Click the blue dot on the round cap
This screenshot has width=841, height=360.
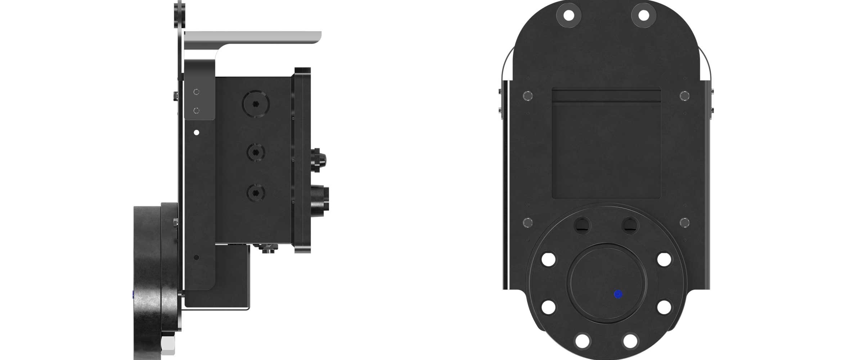[x=618, y=294]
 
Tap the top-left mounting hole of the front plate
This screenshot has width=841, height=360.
[x=568, y=15]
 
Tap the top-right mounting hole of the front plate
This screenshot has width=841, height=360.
[x=643, y=15]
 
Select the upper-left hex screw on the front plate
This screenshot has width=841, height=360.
[x=527, y=96]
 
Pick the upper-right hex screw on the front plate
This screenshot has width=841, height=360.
[x=684, y=96]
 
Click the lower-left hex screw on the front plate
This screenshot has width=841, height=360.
[x=527, y=223]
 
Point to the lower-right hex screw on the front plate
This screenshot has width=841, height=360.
[x=684, y=223]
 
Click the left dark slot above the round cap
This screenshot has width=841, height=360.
[x=582, y=225]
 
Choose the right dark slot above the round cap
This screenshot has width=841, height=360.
[x=630, y=225]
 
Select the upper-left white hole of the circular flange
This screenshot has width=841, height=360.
[x=548, y=259]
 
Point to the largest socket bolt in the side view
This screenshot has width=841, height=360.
[x=256, y=104]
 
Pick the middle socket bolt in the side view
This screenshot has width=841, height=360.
[x=256, y=152]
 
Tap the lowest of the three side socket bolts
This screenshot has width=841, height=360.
[x=256, y=193]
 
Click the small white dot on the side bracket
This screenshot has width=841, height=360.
[x=197, y=132]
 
